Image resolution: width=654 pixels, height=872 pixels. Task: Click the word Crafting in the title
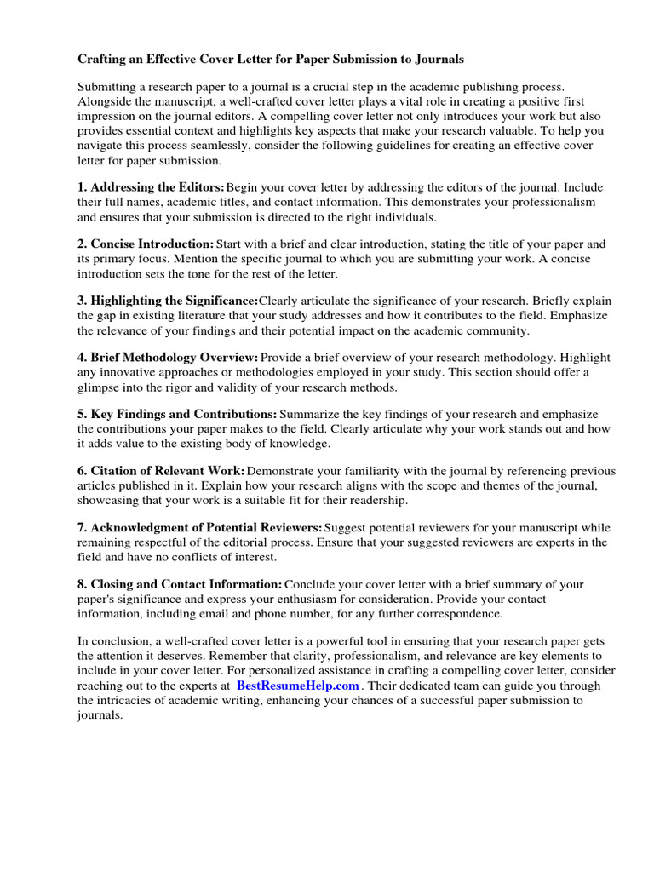coord(105,60)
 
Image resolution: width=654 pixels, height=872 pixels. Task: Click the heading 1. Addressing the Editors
coord(152,187)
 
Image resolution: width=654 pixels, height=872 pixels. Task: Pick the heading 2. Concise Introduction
coord(146,244)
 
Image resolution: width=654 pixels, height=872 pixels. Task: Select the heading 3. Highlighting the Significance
coord(168,301)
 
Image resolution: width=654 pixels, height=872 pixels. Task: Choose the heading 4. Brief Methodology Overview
coord(168,358)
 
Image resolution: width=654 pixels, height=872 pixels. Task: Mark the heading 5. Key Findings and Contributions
coord(177,415)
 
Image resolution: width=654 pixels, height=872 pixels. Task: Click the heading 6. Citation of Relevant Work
coord(161,471)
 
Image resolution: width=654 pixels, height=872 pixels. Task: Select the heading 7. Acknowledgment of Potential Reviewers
coord(200,528)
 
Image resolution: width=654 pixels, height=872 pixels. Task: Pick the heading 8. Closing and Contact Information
coord(180,585)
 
